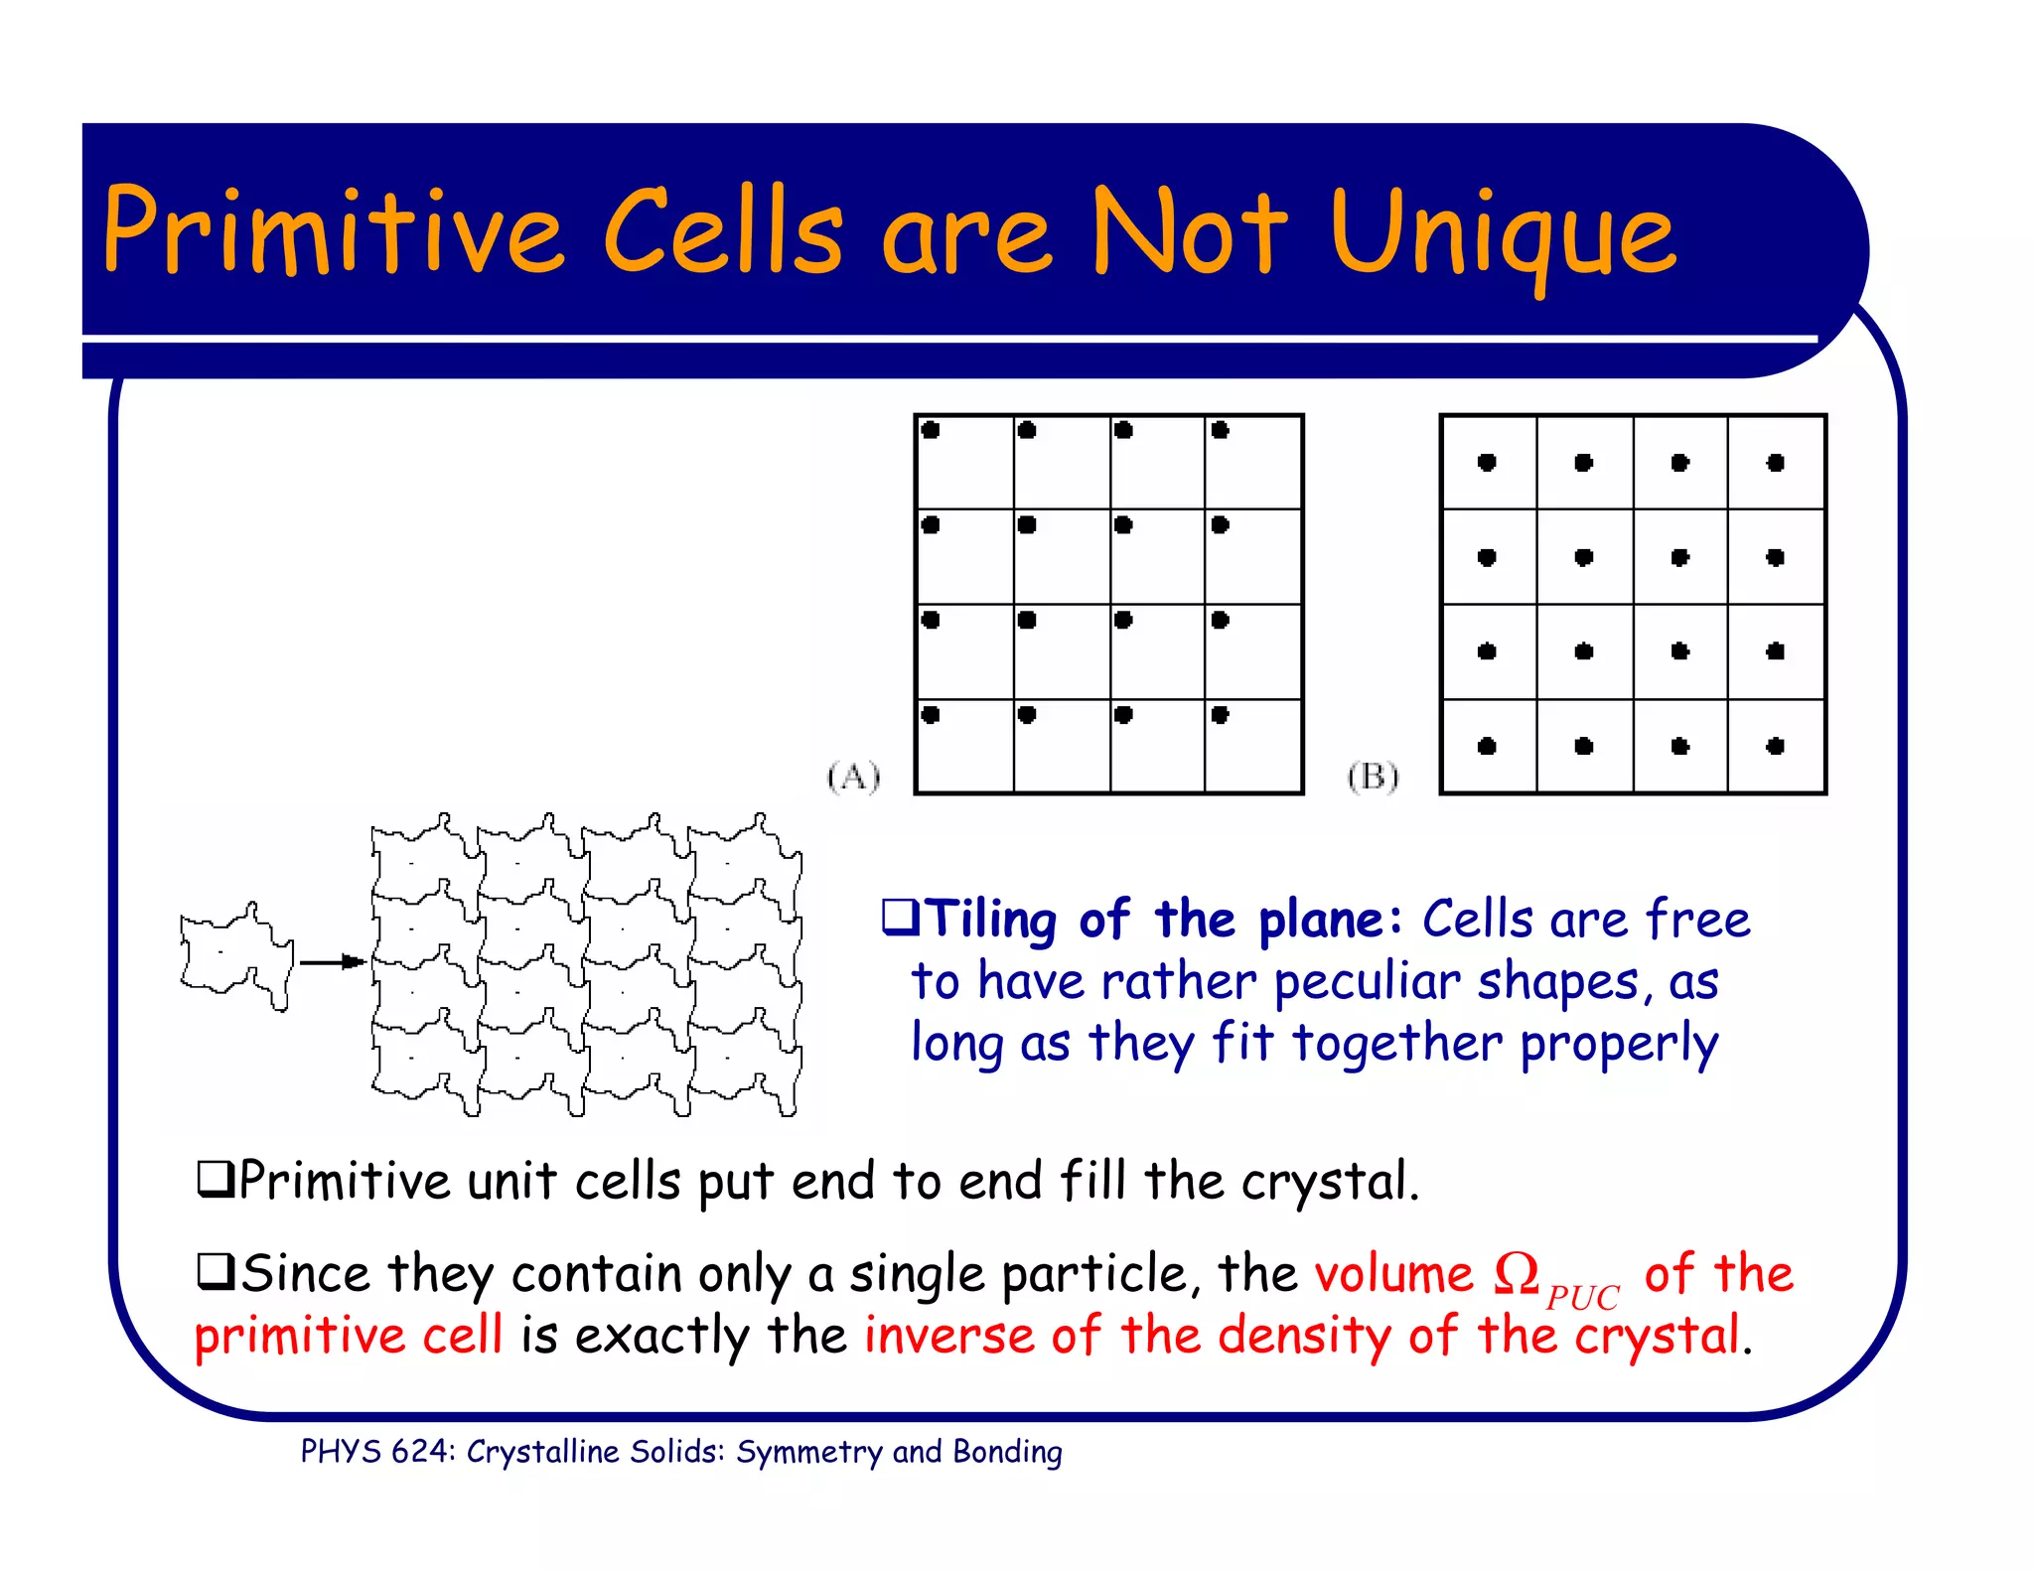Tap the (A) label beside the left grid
853,777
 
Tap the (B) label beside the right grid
1373,777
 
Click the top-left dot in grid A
931,430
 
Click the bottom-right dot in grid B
1776,746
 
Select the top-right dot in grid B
1776,463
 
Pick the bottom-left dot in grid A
931,714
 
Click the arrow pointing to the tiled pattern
333,961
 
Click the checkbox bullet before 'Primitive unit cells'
215,1179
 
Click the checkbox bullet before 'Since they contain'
215,1271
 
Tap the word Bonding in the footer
1007,1452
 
